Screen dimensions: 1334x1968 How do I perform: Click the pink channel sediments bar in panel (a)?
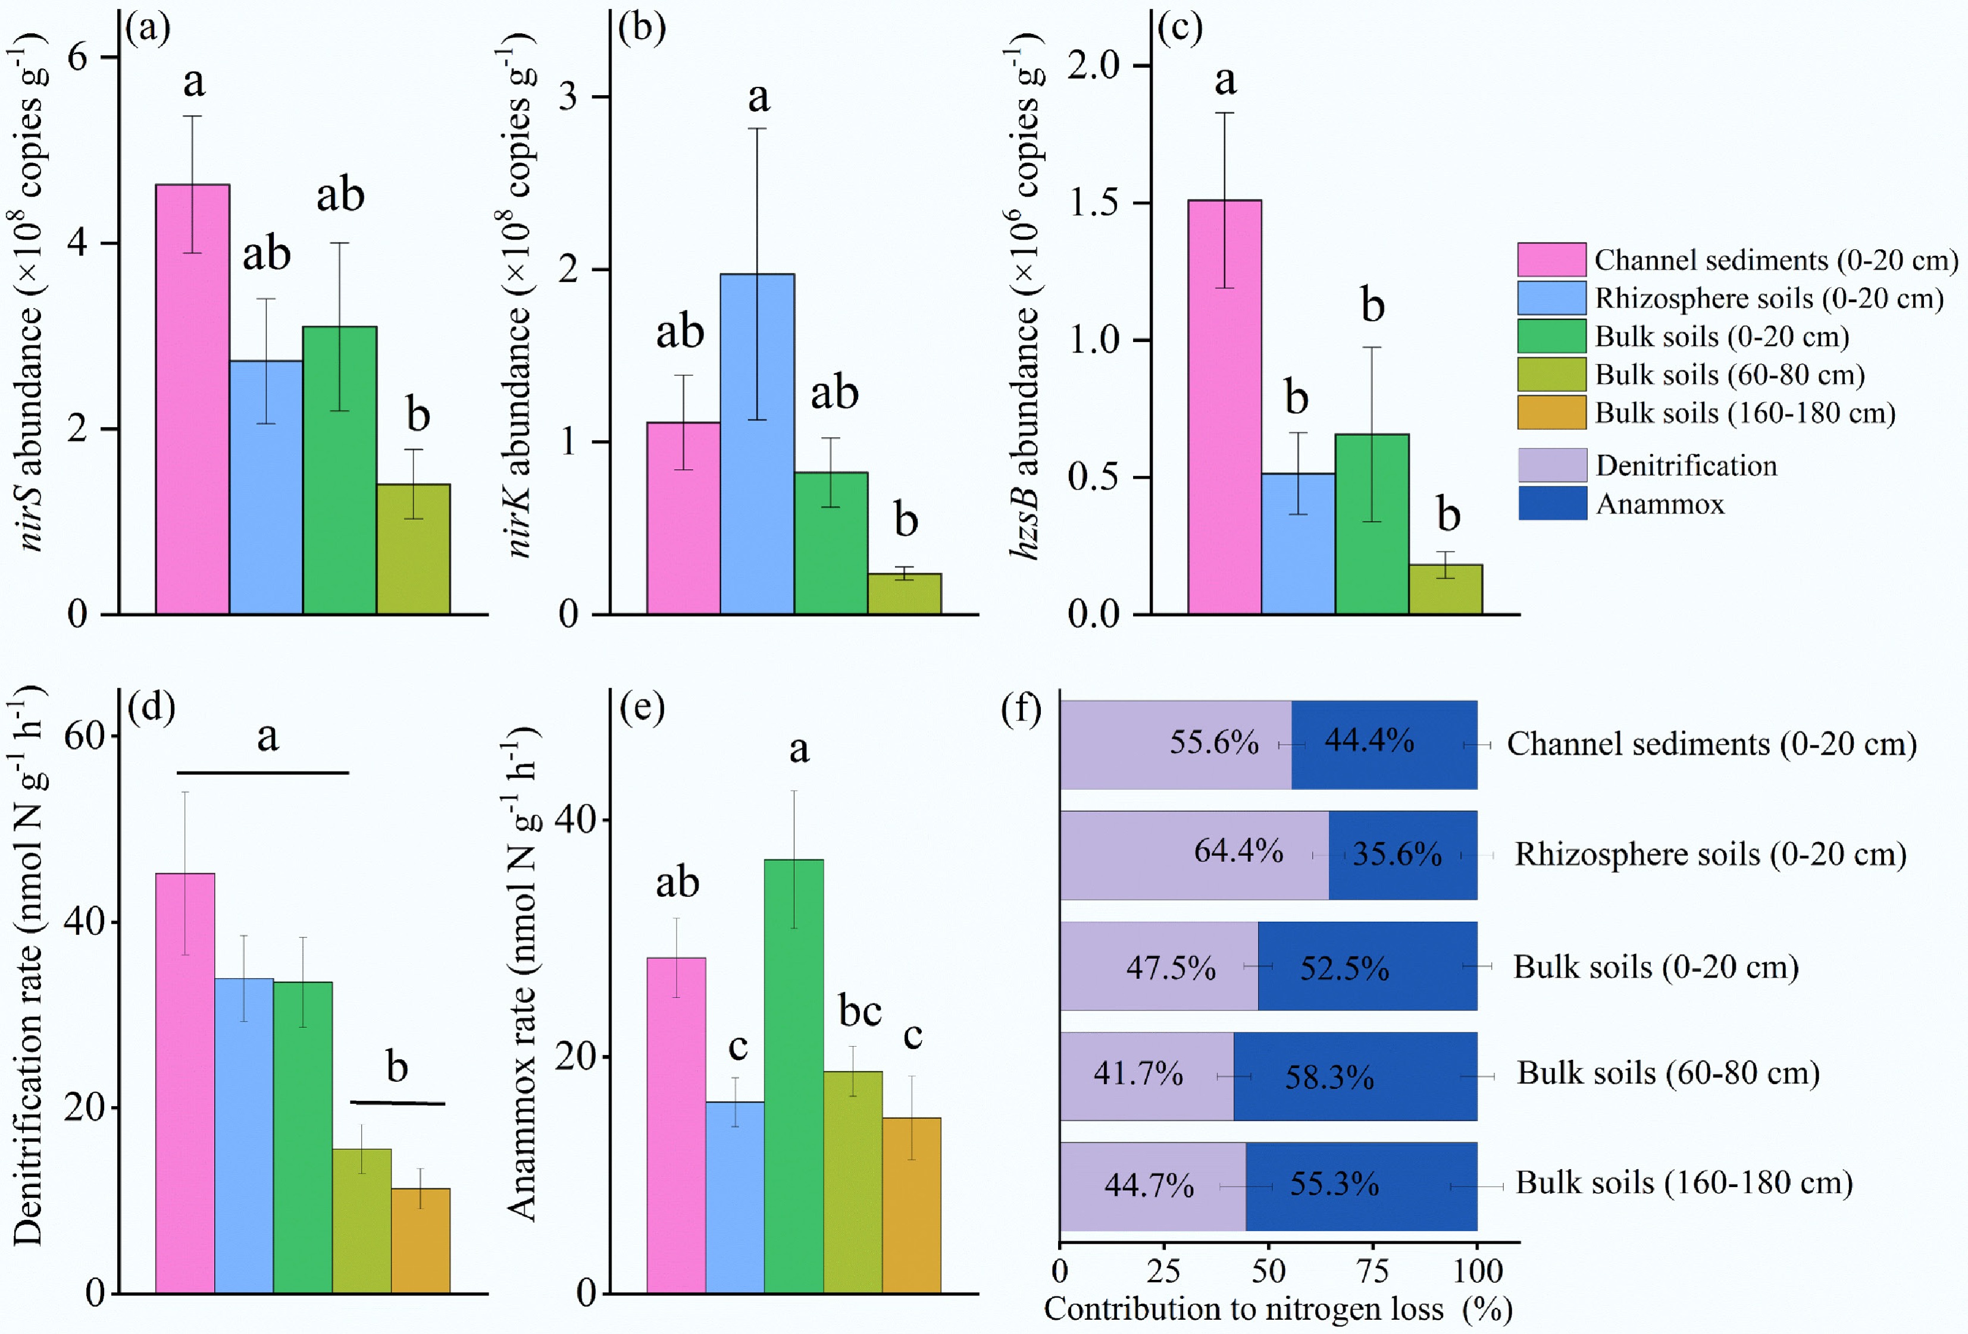pyautogui.click(x=192, y=398)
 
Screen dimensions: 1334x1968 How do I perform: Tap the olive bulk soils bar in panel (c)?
pyautogui.click(x=1445, y=589)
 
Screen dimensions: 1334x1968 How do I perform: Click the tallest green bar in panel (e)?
pyautogui.click(x=793, y=1075)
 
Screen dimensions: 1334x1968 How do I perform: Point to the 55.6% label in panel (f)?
pyautogui.click(x=1213, y=742)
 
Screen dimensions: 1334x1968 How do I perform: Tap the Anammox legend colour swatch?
pyautogui.click(x=1551, y=503)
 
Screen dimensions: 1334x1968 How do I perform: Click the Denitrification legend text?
pyautogui.click(x=1686, y=466)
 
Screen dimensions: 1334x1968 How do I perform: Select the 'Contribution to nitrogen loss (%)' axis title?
pyautogui.click(x=1277, y=1308)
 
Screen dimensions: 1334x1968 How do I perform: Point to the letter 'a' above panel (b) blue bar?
pyautogui.click(x=758, y=96)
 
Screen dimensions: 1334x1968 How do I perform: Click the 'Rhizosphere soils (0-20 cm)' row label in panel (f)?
pyautogui.click(x=1710, y=854)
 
